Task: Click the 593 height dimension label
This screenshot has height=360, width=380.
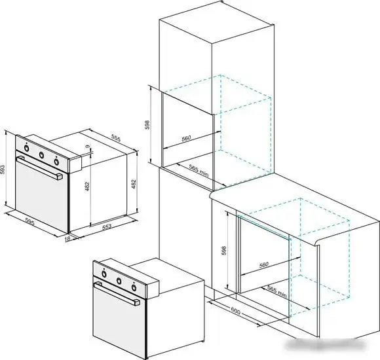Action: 3,170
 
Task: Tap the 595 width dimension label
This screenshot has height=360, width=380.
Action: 29,222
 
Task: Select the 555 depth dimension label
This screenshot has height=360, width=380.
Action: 116,137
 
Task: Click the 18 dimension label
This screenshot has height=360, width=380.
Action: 67,238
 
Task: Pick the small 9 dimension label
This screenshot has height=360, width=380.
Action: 88,147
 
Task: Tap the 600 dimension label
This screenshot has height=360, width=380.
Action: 235,311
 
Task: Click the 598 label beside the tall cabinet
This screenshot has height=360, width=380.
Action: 147,125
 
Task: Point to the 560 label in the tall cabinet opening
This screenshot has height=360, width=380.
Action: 186,138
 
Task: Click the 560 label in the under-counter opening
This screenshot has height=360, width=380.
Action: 264,264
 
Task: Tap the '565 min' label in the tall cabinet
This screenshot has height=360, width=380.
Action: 199,170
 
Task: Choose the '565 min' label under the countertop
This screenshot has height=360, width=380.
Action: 277,291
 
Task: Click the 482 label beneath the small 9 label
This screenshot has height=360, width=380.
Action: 87,187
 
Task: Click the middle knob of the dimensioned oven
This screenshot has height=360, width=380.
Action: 42,155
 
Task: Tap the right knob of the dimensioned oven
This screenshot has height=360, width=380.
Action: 56,162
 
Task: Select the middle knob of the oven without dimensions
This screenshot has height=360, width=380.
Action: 119,281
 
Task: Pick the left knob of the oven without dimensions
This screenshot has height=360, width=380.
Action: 104,274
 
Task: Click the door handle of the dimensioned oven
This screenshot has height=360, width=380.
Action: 39,168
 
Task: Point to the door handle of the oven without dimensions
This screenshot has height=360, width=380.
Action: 117,293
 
